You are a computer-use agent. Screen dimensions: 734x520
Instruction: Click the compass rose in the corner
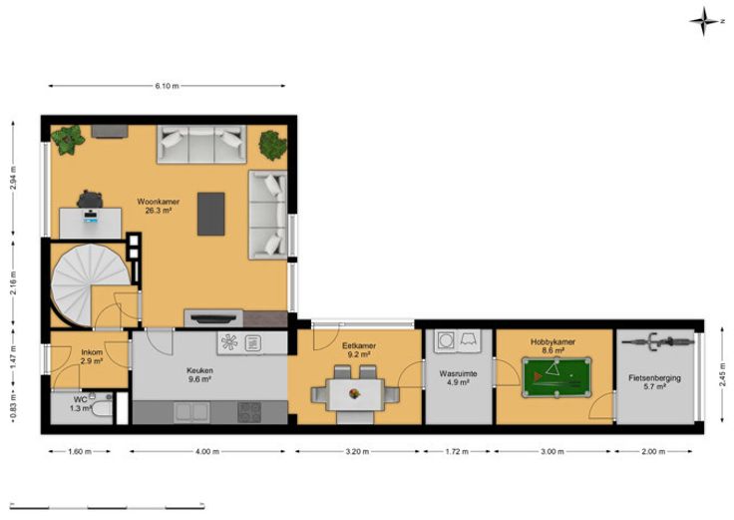pyautogui.click(x=703, y=21)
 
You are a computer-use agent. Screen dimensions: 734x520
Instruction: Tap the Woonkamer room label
pyautogui.click(x=159, y=202)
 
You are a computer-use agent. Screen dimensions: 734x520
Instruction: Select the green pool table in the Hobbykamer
pyautogui.click(x=556, y=377)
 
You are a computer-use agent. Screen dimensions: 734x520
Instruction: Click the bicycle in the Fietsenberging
pyautogui.click(x=657, y=341)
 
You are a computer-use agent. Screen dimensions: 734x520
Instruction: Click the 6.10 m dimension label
pyautogui.click(x=168, y=86)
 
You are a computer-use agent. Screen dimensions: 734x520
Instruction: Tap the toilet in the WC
pyautogui.click(x=101, y=406)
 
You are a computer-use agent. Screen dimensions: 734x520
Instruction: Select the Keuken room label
pyautogui.click(x=200, y=370)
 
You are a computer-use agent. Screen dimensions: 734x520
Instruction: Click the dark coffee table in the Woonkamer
pyautogui.click(x=210, y=214)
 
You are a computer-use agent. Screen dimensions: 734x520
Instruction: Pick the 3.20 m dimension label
pyautogui.click(x=357, y=451)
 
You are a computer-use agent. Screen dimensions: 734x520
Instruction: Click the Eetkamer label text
pyautogui.click(x=359, y=345)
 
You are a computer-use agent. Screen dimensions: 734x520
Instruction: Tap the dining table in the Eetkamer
pyautogui.click(x=355, y=394)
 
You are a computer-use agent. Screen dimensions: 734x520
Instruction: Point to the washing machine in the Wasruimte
pyautogui.click(x=446, y=340)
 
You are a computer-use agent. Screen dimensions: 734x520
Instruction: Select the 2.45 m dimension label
pyautogui.click(x=722, y=374)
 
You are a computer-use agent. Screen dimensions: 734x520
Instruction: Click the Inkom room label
pyautogui.click(x=92, y=352)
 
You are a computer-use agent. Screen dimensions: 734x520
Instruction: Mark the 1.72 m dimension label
pyautogui.click(x=457, y=451)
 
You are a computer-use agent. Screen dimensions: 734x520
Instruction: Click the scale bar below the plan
pyautogui.click(x=107, y=506)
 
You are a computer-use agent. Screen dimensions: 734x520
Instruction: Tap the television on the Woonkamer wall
pyautogui.click(x=213, y=318)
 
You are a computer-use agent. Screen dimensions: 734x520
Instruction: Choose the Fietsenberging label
pyautogui.click(x=654, y=378)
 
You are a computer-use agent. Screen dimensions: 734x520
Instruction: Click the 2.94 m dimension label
pyautogui.click(x=13, y=178)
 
